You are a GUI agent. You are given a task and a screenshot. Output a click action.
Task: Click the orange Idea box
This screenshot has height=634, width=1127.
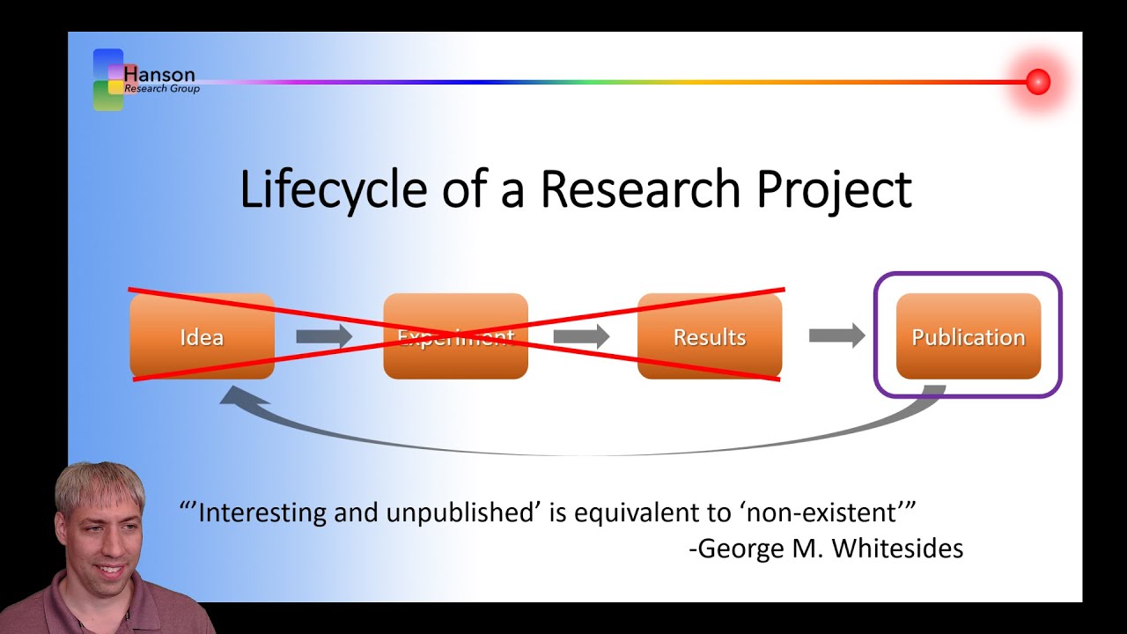click(202, 336)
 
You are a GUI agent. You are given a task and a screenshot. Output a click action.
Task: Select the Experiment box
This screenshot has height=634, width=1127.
click(455, 336)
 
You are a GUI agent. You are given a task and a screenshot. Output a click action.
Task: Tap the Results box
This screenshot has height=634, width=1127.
click(709, 336)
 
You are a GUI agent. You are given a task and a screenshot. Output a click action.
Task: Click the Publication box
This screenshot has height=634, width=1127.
click(968, 336)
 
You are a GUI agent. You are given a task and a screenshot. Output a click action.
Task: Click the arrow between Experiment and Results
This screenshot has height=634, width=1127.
click(581, 336)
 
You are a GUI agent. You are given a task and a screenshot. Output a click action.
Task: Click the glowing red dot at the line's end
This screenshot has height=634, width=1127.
click(1038, 82)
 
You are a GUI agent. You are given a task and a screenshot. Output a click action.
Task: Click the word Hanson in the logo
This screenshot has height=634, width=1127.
click(159, 74)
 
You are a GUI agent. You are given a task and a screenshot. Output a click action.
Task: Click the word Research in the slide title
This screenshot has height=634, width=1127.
click(631, 189)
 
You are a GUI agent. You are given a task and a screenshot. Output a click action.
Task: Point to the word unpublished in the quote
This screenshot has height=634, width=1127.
click(461, 512)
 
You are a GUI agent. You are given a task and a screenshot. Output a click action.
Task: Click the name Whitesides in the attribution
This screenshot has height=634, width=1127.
click(897, 548)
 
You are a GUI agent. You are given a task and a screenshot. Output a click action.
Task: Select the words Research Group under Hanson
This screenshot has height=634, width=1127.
click(162, 89)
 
